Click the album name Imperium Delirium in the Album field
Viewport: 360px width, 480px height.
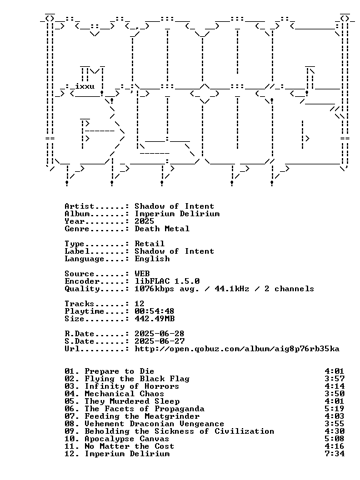tap(177, 214)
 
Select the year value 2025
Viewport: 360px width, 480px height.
tap(144, 221)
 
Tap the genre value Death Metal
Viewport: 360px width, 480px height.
tap(162, 229)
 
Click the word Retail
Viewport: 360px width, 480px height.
tap(149, 244)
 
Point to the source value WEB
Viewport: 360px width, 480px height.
tap(142, 274)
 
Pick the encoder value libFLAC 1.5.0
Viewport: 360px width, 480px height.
tap(167, 281)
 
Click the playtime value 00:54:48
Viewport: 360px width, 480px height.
tap(154, 311)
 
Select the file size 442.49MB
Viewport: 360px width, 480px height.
tap(154, 319)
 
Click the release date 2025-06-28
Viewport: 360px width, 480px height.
tap(159, 334)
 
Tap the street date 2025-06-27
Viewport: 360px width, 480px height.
tap(159, 341)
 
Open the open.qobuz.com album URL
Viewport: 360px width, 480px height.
tap(237, 349)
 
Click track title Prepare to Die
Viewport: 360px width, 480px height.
tap(119, 371)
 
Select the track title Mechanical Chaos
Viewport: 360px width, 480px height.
tap(124, 394)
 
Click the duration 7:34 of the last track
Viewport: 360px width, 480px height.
tap(334, 454)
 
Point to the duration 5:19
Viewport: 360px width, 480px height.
tap(334, 409)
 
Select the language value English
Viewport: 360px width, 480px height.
tap(152, 259)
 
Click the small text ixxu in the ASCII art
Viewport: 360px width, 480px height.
tap(84, 86)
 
